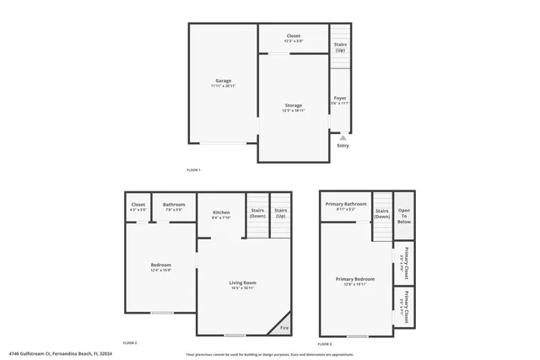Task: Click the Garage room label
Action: (x=223, y=82)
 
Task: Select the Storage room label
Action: (x=294, y=105)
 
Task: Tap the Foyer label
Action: (x=340, y=99)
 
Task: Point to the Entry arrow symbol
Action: (x=343, y=137)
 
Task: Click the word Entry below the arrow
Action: (x=343, y=146)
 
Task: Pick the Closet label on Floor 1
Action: (x=293, y=36)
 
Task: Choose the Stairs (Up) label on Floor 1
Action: (x=340, y=46)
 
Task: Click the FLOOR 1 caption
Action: (x=194, y=170)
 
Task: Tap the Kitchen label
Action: (x=221, y=212)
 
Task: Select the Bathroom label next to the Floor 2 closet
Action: (x=175, y=205)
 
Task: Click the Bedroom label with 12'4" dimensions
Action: (x=160, y=266)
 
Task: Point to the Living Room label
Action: (x=243, y=283)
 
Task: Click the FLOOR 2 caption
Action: (x=130, y=343)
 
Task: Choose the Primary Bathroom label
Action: (x=346, y=204)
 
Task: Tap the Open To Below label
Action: (x=404, y=216)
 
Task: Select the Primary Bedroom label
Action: (x=355, y=280)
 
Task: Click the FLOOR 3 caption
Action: (x=325, y=344)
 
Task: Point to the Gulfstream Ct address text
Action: (x=61, y=353)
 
